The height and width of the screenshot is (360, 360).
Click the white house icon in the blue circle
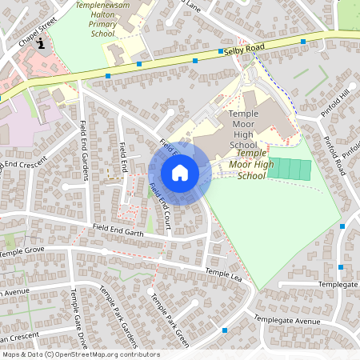[180, 173]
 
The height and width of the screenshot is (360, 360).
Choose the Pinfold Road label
[334, 154]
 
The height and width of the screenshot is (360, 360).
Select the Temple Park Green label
[169, 320]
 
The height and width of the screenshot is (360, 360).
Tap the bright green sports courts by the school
[289, 170]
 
